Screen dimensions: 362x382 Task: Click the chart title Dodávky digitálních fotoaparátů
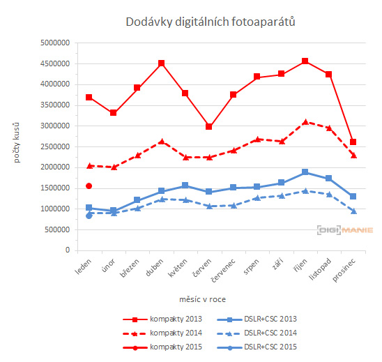click(211, 22)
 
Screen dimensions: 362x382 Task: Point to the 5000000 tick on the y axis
click(53, 43)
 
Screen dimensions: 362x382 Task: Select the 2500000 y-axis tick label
click(53, 146)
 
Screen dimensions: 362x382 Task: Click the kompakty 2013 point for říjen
click(305, 61)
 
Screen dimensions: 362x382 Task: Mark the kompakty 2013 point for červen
click(208, 127)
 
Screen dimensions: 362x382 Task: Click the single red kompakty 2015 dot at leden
click(89, 186)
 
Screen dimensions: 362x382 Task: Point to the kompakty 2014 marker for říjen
click(305, 122)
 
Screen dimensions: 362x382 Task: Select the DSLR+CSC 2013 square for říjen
click(305, 172)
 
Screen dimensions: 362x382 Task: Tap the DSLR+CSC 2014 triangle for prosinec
click(353, 211)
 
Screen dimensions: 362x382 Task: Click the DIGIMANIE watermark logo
click(344, 229)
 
